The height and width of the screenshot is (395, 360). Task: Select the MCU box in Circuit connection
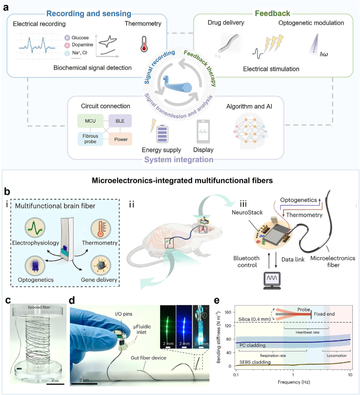[90, 121]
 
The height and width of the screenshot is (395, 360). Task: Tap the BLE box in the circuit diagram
[120, 121]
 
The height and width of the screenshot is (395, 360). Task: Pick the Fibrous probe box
[90, 139]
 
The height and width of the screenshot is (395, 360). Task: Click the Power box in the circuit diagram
[121, 139]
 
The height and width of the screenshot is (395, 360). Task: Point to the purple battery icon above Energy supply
[162, 134]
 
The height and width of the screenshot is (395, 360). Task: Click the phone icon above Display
[203, 132]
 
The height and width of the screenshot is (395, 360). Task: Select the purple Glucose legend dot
[67, 38]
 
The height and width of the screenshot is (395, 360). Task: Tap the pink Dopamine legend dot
[67, 45]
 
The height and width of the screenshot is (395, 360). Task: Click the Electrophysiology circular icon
[35, 228]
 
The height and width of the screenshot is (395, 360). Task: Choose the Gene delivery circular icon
[100, 266]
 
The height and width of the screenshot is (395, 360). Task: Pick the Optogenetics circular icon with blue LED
[35, 266]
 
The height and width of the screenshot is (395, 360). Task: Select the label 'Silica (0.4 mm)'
[254, 319]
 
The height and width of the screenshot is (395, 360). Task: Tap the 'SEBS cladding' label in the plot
[255, 362]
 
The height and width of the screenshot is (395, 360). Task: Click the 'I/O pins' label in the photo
[123, 314]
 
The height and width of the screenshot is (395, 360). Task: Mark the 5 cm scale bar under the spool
[55, 384]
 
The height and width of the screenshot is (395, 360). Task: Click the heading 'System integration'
[179, 160]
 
